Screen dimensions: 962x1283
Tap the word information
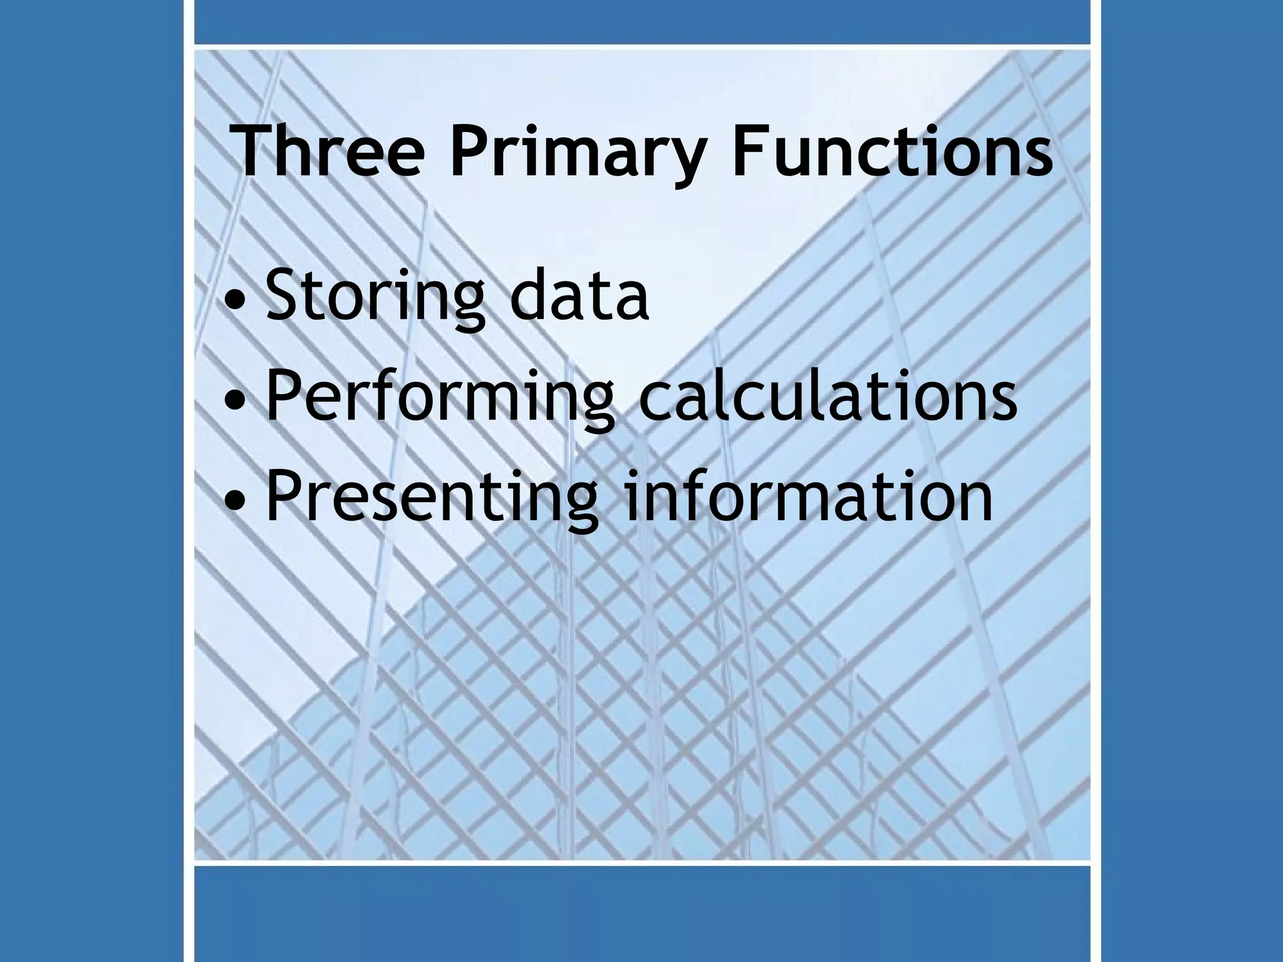click(808, 495)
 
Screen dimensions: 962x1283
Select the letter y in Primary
click(680, 160)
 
